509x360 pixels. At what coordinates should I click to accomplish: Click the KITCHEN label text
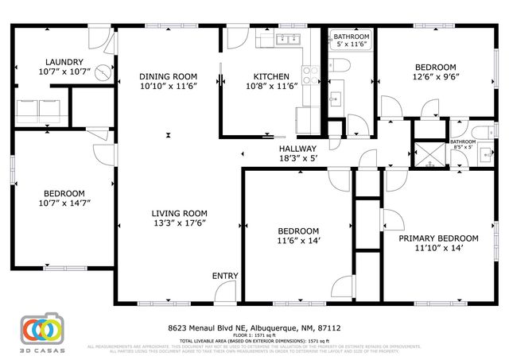click(x=271, y=77)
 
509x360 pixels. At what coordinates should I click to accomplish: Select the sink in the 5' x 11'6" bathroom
click(x=336, y=99)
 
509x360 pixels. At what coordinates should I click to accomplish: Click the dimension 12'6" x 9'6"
click(x=434, y=78)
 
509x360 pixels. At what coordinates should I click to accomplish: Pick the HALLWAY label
click(x=297, y=149)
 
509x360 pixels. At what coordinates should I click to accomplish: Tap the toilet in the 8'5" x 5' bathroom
click(x=477, y=132)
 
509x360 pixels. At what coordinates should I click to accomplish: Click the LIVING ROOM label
click(x=180, y=213)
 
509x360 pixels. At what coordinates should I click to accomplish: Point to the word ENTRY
click(x=224, y=276)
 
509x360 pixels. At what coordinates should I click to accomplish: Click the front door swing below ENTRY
click(x=227, y=293)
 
